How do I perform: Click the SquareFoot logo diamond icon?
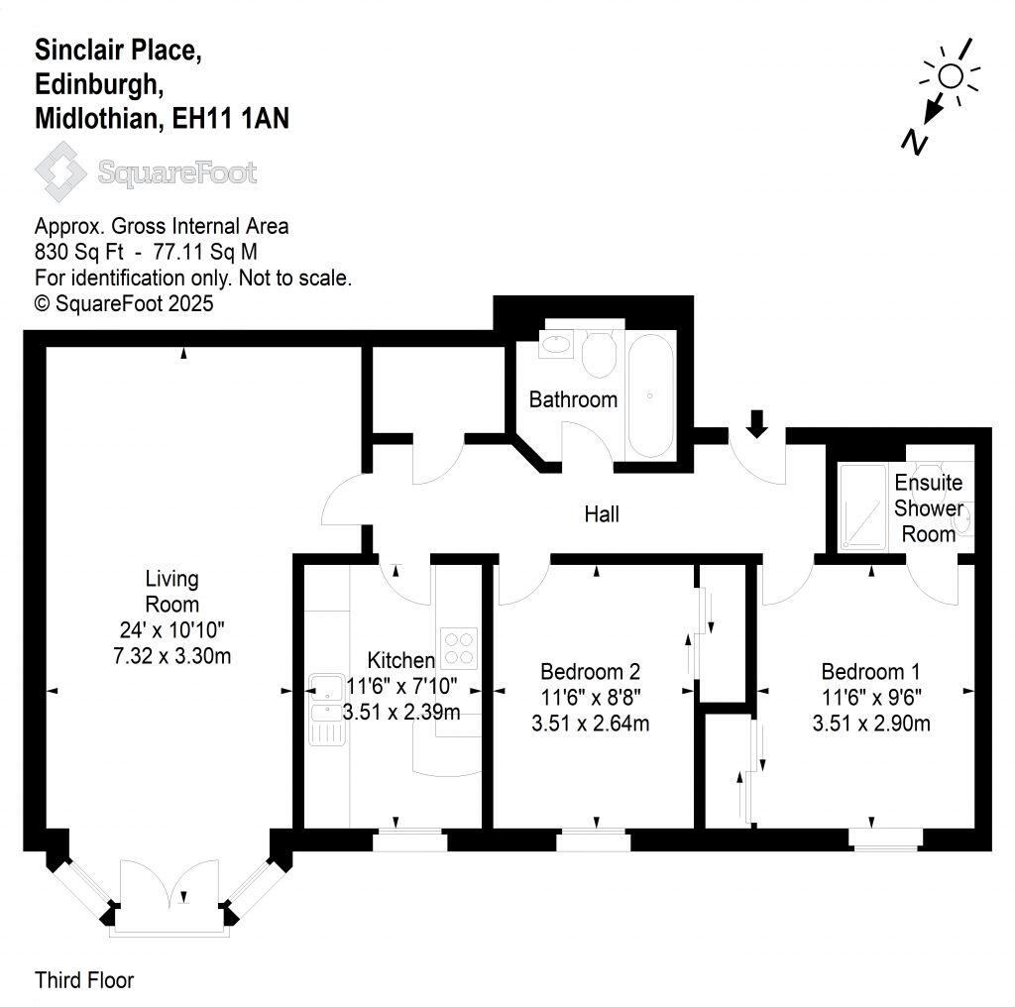(62, 170)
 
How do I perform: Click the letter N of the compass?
(915, 143)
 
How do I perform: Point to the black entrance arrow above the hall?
(756, 423)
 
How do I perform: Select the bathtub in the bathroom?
(650, 394)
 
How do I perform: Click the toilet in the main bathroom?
(598, 355)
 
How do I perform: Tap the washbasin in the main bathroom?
(553, 346)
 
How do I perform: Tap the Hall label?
(602, 514)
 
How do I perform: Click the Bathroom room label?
(573, 399)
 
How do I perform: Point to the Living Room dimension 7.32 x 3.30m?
(172, 655)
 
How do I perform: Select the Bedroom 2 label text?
(591, 668)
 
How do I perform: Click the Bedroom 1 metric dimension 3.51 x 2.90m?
(871, 724)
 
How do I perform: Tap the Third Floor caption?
(84, 981)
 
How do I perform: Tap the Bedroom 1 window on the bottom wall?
(887, 839)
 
